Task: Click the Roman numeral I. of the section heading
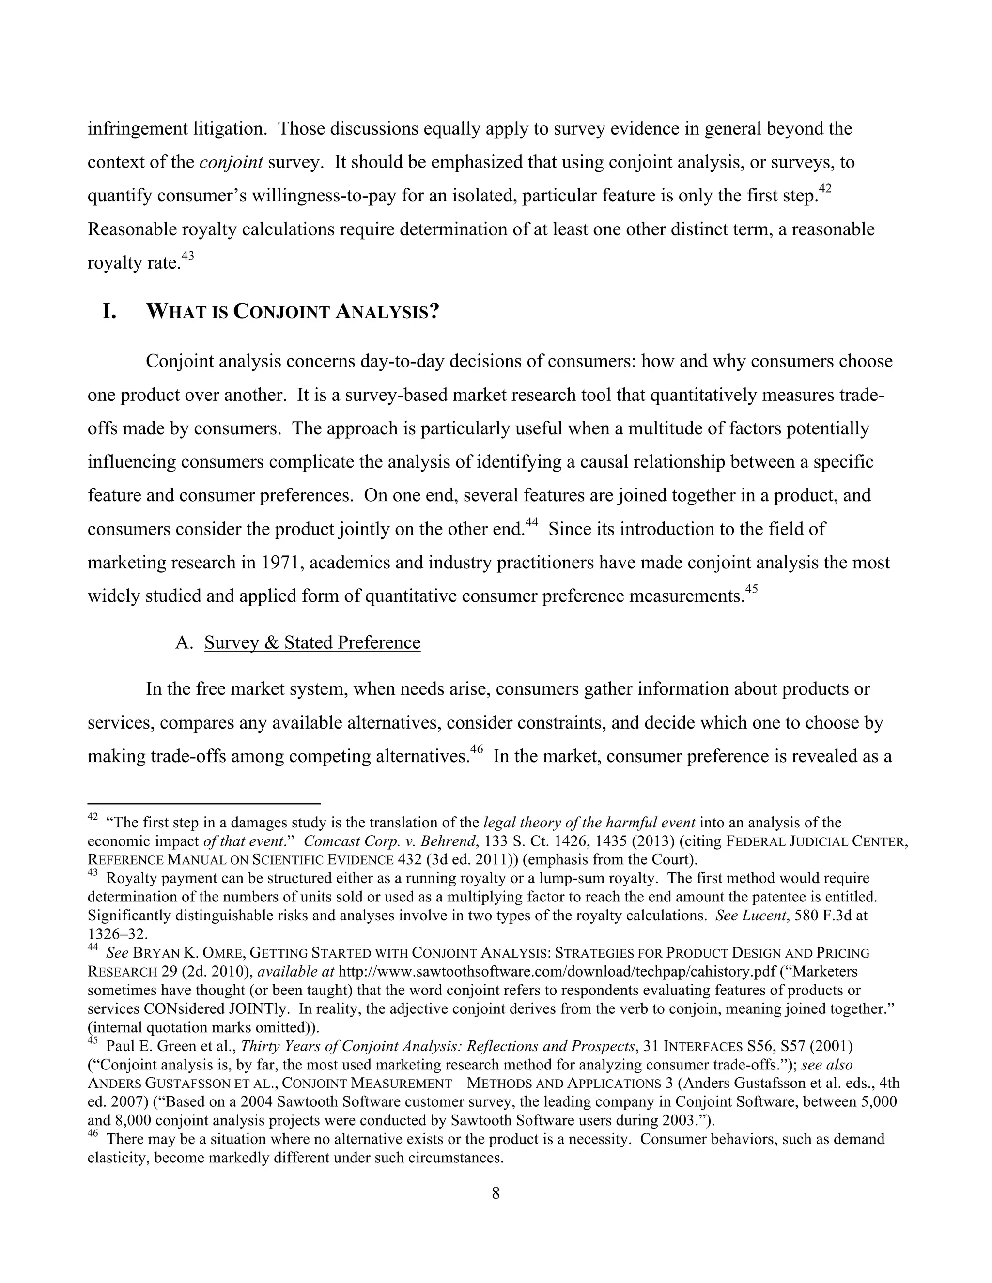coord(109,311)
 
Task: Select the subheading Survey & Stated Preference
coord(312,642)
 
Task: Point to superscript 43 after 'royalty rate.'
coord(187,256)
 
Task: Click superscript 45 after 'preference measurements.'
coord(751,589)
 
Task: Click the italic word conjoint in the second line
coord(231,162)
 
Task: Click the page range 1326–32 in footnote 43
coord(109,933)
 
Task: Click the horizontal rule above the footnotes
coord(203,803)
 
